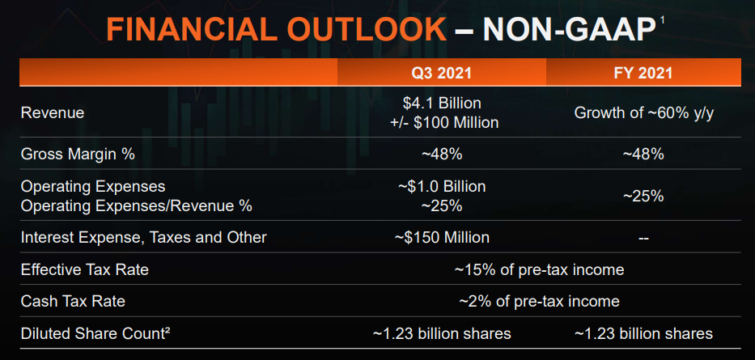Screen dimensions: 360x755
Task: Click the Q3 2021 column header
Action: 442,73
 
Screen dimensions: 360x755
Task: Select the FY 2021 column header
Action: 644,73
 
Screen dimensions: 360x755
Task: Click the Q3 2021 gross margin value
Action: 442,154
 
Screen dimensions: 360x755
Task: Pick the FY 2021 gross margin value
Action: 644,154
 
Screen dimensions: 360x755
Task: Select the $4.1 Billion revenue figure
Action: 442,104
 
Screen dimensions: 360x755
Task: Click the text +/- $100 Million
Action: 442,123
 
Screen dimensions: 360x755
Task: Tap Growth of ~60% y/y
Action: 644,113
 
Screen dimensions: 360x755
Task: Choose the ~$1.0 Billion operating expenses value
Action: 442,187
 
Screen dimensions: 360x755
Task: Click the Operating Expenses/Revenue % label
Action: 136,205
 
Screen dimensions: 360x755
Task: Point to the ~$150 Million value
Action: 442,238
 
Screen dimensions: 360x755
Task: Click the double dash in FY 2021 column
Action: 644,238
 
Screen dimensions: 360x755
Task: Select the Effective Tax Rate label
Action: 85,269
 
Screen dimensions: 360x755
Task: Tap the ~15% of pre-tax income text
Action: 539,269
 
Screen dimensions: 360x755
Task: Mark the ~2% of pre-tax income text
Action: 539,301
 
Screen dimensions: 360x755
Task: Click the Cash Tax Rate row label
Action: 73,301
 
